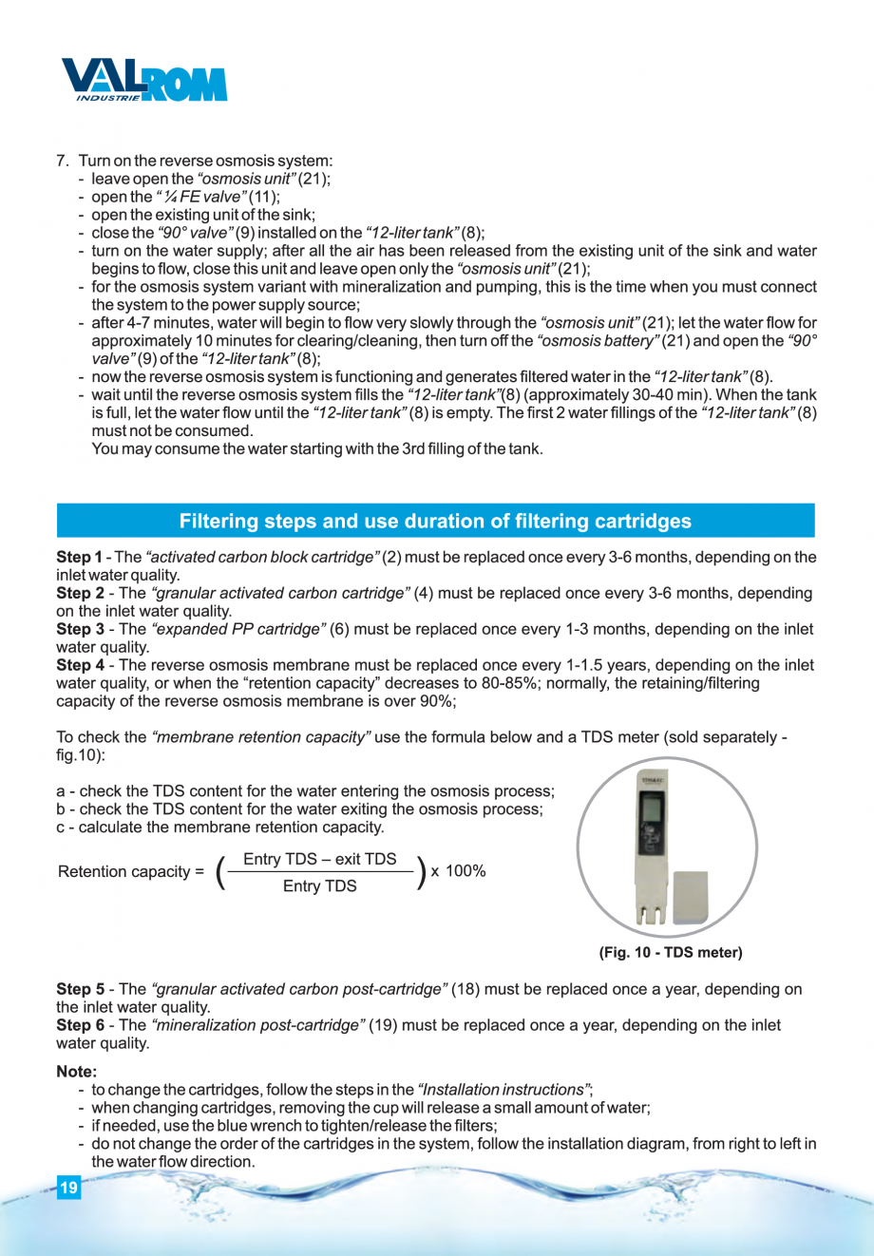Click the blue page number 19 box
pos(68,1189)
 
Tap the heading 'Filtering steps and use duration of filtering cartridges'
pos(435,522)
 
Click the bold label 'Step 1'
pos(79,558)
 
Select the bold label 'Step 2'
pos(80,594)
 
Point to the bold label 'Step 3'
pos(80,630)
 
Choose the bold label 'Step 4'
pos(80,666)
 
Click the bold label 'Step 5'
pos(80,990)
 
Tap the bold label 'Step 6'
pos(80,1026)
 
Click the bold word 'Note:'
pos(77,1072)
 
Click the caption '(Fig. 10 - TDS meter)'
pos(671,952)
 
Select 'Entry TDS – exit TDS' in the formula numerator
pos(320,860)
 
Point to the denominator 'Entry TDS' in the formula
pos(320,886)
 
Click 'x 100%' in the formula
pos(459,871)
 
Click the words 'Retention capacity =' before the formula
pos(130,872)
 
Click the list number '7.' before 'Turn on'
pos(64,162)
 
